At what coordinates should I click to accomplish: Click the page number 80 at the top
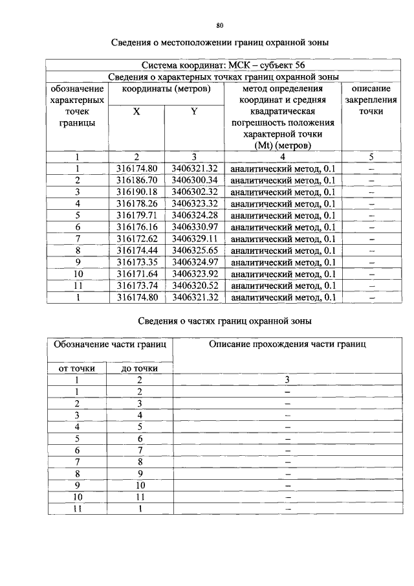219,25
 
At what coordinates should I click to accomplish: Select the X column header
136,111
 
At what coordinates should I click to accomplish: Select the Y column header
194,111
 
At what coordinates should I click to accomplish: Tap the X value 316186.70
136,180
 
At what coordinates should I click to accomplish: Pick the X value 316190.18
136,192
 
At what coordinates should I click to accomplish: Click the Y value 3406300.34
194,180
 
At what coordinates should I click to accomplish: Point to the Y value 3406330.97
194,227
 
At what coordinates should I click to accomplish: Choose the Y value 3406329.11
194,238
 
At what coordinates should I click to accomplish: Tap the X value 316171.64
136,274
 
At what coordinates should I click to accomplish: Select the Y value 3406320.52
194,286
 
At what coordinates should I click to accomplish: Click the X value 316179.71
136,215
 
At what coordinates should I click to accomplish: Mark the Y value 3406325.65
194,250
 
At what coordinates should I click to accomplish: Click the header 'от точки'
77,368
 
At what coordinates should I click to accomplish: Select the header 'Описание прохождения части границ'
287,344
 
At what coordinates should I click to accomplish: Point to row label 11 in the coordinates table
77,286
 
